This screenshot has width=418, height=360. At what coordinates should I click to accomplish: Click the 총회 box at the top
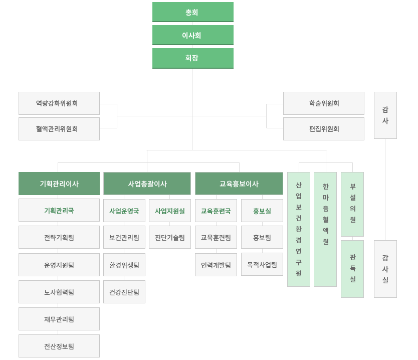pyautogui.click(x=193, y=12)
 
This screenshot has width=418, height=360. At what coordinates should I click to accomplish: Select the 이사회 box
pyautogui.click(x=193, y=35)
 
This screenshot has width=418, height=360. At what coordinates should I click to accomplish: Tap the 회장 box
pyautogui.click(x=193, y=58)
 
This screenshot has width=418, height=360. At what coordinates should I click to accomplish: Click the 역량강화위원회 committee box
pyautogui.click(x=59, y=103)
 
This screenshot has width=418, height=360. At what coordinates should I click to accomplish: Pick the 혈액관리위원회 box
pyautogui.click(x=59, y=129)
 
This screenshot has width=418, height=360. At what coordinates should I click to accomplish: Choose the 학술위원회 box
pyautogui.click(x=324, y=103)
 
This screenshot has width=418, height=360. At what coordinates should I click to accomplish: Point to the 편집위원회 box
pyautogui.click(x=324, y=129)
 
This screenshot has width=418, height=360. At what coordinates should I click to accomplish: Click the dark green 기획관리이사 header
pyautogui.click(x=59, y=184)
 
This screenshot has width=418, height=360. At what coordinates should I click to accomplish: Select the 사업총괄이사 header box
pyautogui.click(x=147, y=184)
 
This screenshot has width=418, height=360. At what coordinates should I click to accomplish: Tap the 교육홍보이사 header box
pyautogui.click(x=239, y=184)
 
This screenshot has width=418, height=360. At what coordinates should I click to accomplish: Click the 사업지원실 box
pyautogui.click(x=170, y=211)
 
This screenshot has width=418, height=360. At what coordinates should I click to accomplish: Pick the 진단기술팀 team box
pyautogui.click(x=170, y=237)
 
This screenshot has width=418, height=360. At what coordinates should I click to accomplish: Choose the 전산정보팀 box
pyautogui.click(x=59, y=346)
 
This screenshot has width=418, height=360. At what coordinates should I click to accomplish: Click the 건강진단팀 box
pyautogui.click(x=124, y=292)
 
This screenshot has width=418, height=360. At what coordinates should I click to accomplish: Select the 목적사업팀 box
pyautogui.click(x=262, y=264)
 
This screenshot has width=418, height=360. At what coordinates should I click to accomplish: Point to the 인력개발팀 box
pyautogui.click(x=216, y=265)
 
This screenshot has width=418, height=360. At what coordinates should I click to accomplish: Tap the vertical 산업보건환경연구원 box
pyautogui.click(x=299, y=229)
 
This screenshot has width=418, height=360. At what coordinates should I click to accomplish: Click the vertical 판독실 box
pyautogui.click(x=352, y=269)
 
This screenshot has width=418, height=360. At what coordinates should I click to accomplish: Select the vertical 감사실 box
pyautogui.click(x=385, y=269)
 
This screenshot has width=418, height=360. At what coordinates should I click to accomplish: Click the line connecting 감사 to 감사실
pyautogui.click(x=385, y=190)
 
